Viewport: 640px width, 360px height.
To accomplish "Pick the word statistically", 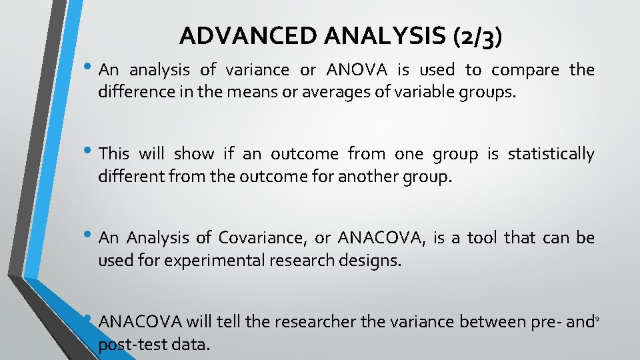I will click(551, 154).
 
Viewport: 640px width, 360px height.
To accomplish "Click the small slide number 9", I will click(597, 319).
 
